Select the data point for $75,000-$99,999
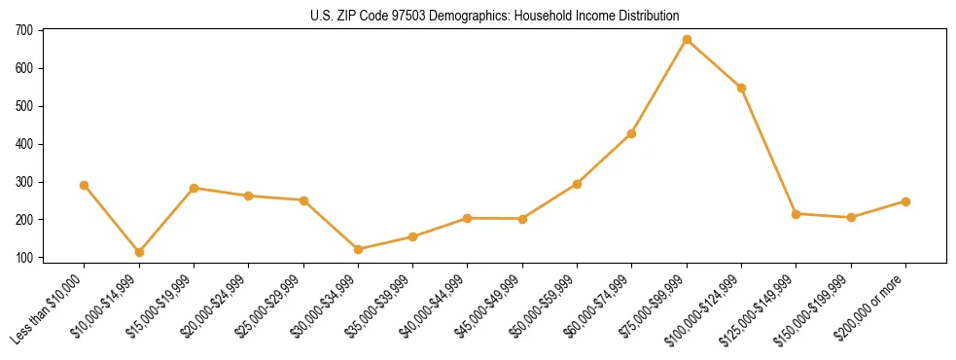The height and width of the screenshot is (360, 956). pyautogui.click(x=687, y=40)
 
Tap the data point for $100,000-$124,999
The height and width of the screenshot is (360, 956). pyautogui.click(x=741, y=88)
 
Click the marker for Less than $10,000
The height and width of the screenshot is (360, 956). pyautogui.click(x=85, y=185)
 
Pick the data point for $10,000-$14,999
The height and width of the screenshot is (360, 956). pyautogui.click(x=139, y=252)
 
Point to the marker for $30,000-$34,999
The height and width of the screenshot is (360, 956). pyautogui.click(x=358, y=249)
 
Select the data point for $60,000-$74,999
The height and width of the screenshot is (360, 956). pyautogui.click(x=632, y=133)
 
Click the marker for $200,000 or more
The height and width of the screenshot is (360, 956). pyautogui.click(x=905, y=201)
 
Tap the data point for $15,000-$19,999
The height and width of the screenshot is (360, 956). pyautogui.click(x=194, y=188)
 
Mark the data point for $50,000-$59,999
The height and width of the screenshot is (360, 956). pyautogui.click(x=577, y=184)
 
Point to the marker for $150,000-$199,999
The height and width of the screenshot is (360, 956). pyautogui.click(x=851, y=217)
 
